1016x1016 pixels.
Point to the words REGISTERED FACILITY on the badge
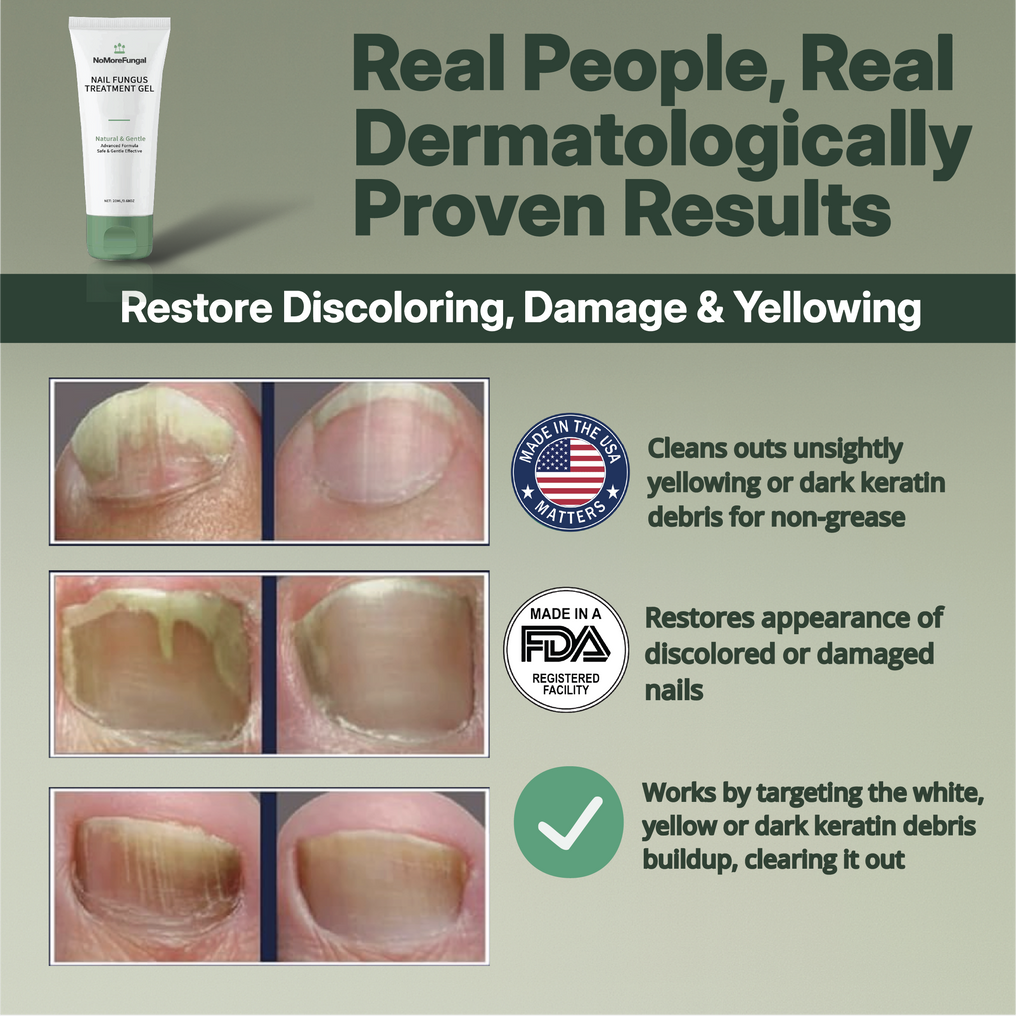point(566,684)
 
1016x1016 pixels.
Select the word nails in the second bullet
point(675,689)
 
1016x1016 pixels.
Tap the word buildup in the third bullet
point(688,859)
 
